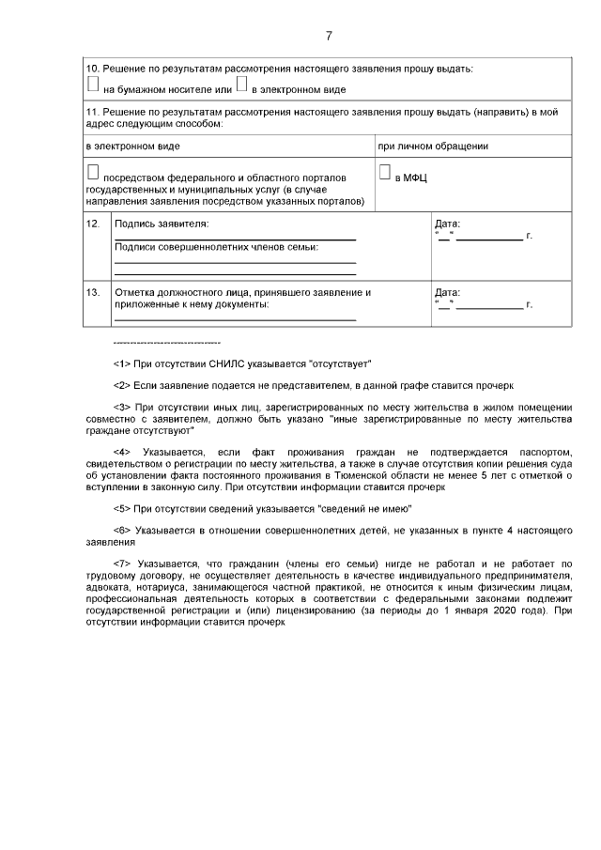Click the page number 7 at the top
(x=329, y=37)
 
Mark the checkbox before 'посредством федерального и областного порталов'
(x=92, y=173)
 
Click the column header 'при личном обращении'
(x=433, y=147)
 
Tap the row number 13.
(x=93, y=293)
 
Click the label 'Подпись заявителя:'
(x=162, y=224)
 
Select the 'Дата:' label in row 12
(x=448, y=224)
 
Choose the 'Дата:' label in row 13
(x=448, y=293)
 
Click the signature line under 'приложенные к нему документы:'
(x=235, y=320)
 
